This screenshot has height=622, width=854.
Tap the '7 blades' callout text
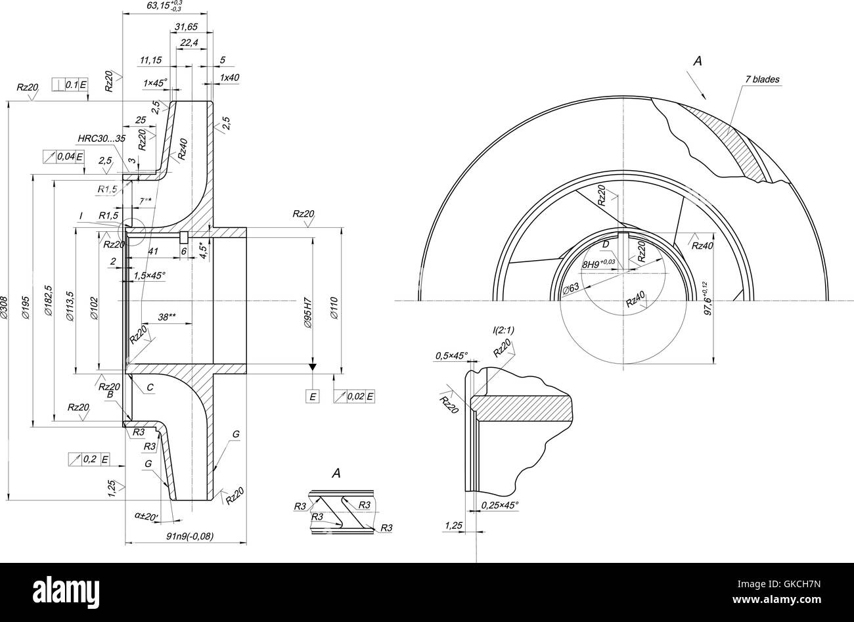point(761,79)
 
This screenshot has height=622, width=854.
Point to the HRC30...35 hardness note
point(101,138)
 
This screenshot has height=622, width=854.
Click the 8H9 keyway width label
point(598,264)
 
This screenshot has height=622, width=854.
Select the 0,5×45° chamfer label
point(451,355)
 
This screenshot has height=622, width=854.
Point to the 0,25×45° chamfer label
point(499,505)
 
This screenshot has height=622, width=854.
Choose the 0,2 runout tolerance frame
point(89,459)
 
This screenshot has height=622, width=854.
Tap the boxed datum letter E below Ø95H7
point(313,396)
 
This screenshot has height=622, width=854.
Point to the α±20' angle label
point(146,517)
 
